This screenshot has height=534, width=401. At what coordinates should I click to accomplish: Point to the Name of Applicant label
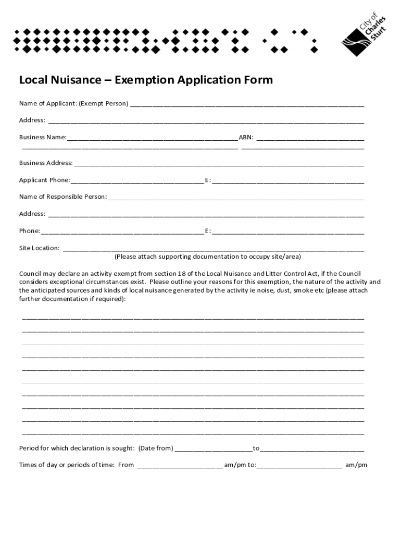click(x=47, y=103)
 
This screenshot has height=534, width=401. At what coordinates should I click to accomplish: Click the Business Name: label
click(x=43, y=138)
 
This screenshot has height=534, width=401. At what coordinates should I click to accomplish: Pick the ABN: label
click(x=246, y=138)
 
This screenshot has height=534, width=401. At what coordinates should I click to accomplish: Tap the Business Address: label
click(x=46, y=163)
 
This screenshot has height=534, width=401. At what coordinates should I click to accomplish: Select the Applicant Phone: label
click(x=45, y=180)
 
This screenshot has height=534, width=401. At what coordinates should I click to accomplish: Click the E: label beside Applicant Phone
click(x=208, y=180)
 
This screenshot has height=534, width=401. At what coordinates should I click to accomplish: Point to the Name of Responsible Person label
click(x=63, y=197)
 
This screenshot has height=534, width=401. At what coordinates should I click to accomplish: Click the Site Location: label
click(x=40, y=248)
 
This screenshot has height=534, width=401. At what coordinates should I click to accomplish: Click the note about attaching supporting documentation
click(x=208, y=257)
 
